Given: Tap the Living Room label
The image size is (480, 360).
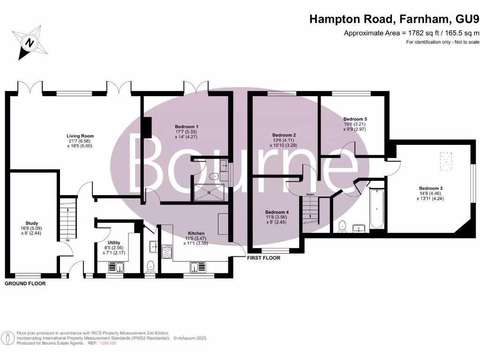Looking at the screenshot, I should click(x=77, y=136).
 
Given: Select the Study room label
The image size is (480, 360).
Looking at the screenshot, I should click(x=32, y=223).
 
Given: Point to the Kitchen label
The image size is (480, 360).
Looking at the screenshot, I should click(x=196, y=233).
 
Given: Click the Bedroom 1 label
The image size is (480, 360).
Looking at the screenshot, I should click(x=187, y=127).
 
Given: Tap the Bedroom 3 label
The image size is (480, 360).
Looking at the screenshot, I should click(x=431, y=188).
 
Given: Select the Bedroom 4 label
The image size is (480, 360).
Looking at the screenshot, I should click(x=277, y=212).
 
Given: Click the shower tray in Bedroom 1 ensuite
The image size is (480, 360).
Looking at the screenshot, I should click(x=209, y=193).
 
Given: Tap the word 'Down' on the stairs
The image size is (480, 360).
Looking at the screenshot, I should click(x=310, y=194).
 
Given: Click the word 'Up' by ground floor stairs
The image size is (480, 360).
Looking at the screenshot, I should click(x=68, y=240).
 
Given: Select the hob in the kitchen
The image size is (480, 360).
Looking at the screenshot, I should click(x=167, y=252).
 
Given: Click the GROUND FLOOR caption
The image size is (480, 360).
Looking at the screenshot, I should click(x=25, y=284).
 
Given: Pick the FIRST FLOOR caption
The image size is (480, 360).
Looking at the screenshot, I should click(x=264, y=258).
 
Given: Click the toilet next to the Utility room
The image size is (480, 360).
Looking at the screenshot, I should click(x=150, y=266).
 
